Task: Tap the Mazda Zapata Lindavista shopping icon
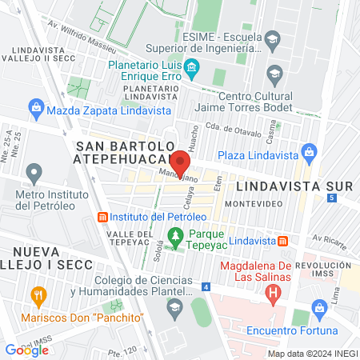[x=35, y=106]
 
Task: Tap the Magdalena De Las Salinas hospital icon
[x=274, y=293]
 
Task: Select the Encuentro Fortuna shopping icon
[x=320, y=307]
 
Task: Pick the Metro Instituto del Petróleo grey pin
[x=34, y=173]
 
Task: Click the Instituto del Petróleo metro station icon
[x=102, y=217]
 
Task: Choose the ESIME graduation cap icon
[x=273, y=38]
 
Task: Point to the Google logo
[x=26, y=350]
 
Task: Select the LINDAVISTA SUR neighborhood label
[x=294, y=186]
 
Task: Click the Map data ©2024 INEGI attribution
[x=310, y=354]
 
